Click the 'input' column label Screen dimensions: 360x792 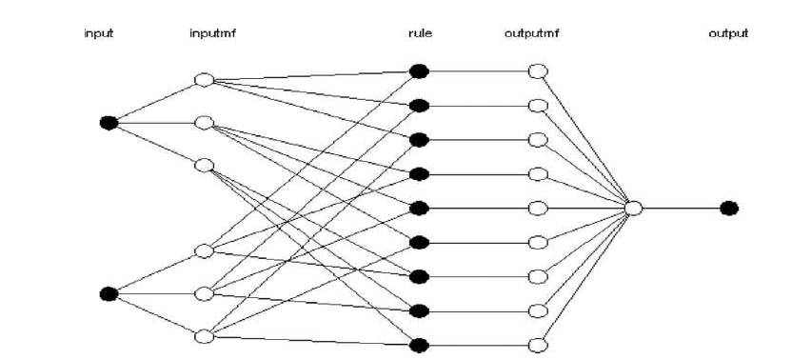click(x=99, y=34)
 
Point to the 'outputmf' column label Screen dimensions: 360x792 click(x=531, y=34)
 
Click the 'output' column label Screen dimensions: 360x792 click(x=728, y=34)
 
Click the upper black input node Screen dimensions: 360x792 click(x=109, y=122)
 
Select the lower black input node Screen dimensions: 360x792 click(x=109, y=293)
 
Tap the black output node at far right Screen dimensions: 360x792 click(x=729, y=208)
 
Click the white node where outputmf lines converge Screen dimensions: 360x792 click(x=634, y=208)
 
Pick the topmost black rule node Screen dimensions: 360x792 click(x=418, y=70)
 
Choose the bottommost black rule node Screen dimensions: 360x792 click(x=418, y=345)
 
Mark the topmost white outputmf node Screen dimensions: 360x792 click(x=538, y=70)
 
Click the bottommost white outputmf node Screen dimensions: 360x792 click(x=538, y=345)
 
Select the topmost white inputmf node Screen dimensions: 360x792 click(x=203, y=80)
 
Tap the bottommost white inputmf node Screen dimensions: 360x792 click(x=203, y=335)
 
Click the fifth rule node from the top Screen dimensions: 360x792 click(x=418, y=208)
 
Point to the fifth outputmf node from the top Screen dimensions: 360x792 click(x=538, y=208)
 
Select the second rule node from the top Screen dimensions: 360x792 click(x=418, y=105)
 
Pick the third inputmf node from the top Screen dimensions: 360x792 click(x=203, y=165)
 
